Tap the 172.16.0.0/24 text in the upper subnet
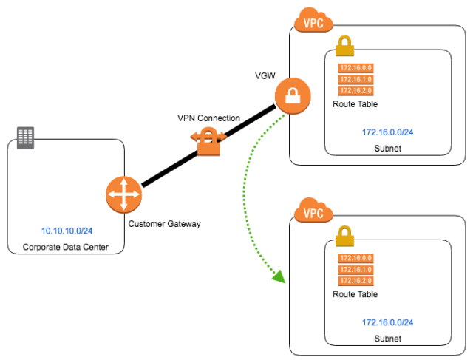pos(387,132)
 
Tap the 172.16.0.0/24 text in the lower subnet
pos(387,322)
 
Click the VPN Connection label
pos(208,118)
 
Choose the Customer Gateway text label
pos(163,223)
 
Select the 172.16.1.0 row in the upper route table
pos(355,79)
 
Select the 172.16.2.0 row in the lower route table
pos(355,281)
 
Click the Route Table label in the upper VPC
pos(355,104)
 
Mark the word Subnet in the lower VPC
pos(387,339)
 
